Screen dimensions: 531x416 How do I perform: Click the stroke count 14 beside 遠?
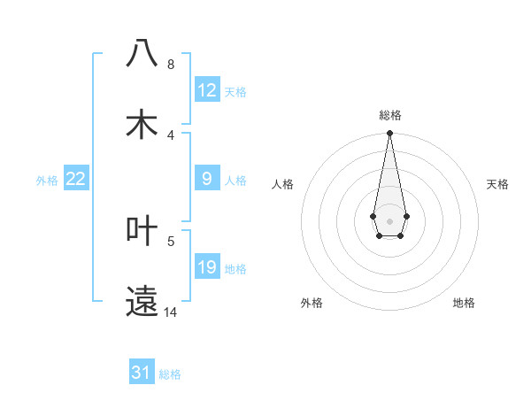tap(171, 312)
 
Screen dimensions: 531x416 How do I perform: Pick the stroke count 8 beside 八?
tap(171, 65)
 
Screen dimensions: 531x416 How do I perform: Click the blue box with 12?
tap(207, 90)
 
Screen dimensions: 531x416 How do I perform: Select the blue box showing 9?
tap(207, 179)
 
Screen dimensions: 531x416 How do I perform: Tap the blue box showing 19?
tap(207, 267)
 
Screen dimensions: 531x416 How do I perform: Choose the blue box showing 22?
tap(76, 179)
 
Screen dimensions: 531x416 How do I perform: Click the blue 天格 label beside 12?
tap(235, 92)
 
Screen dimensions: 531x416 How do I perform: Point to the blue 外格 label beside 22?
tap(47, 181)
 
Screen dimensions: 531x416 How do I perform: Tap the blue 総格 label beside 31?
tap(170, 374)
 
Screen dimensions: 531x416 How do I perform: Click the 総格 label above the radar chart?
tap(389, 115)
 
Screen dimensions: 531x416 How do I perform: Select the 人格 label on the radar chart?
tap(282, 184)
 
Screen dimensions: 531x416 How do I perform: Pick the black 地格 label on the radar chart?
tap(464, 303)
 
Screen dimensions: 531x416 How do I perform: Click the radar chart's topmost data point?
tap(389, 134)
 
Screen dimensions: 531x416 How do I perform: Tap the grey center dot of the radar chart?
tap(389, 220)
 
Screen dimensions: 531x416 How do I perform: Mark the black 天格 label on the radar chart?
tap(497, 184)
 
